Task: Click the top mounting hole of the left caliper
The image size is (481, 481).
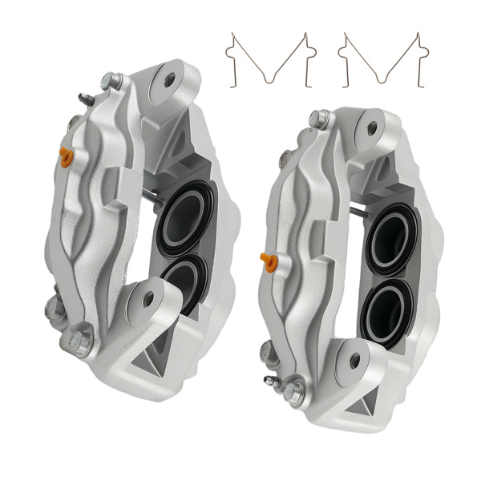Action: pos(170,79)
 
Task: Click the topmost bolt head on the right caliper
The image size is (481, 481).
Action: pos(319,119)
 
